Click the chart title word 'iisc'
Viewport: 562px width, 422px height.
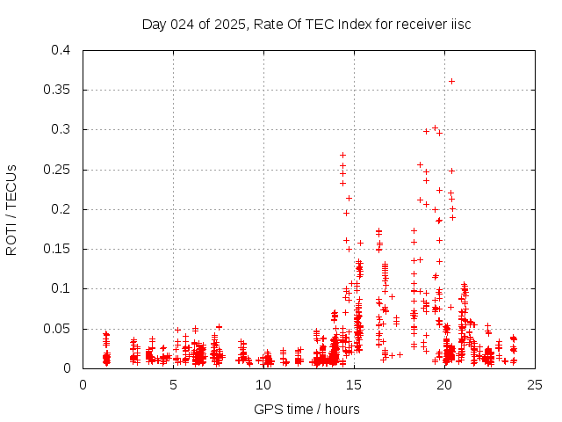(x=460, y=24)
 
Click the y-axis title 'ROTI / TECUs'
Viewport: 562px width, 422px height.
(x=11, y=209)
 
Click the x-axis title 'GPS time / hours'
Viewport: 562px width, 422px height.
(x=306, y=409)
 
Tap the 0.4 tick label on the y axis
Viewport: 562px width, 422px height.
(x=61, y=50)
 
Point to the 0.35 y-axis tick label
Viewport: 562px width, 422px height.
(x=57, y=90)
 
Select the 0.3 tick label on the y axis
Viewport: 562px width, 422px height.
(x=61, y=129)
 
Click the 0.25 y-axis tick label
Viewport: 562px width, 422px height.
(x=57, y=170)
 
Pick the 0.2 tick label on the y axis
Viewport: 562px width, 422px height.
(x=61, y=209)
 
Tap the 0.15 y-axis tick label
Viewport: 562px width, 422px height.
(x=57, y=249)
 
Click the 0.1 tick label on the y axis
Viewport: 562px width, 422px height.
(x=61, y=288)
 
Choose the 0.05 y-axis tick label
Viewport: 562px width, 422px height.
(x=57, y=328)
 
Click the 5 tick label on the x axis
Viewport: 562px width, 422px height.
(x=174, y=384)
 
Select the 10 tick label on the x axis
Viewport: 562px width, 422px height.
(x=264, y=384)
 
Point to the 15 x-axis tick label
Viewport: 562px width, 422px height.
(x=355, y=384)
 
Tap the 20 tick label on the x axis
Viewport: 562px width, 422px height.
(x=445, y=384)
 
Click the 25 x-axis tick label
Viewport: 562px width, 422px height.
(x=536, y=384)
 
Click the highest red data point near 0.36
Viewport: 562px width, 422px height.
(x=451, y=81)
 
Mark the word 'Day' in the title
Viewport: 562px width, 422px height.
(x=155, y=24)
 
